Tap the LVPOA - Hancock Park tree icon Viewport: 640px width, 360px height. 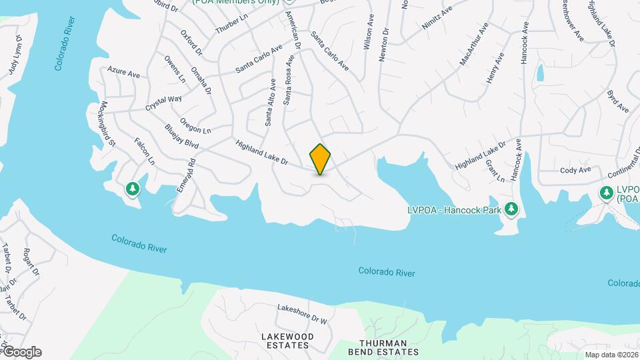pyautogui.click(x=511, y=209)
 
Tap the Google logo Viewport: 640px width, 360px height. pyautogui.click(x=21, y=352)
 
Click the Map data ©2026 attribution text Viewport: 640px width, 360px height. pyautogui.click(x=611, y=355)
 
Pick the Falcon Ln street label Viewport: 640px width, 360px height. pyautogui.click(x=145, y=151)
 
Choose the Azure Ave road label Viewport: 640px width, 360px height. pyautogui.click(x=123, y=72)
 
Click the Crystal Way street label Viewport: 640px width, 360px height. pyautogui.click(x=164, y=103)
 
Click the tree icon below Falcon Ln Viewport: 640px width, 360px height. pyautogui.click(x=133, y=189)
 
